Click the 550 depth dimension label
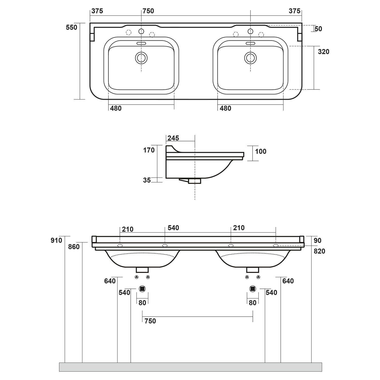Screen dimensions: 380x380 pos(71,27)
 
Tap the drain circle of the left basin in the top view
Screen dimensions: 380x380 pos(141,58)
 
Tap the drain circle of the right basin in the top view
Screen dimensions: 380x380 pos(250,58)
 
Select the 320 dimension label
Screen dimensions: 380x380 pos(324,52)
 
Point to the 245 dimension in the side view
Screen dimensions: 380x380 pos(173,138)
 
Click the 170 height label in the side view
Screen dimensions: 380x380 pos(149,150)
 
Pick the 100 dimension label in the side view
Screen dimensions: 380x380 pos(261,151)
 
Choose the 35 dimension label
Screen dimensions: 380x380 pos(147,180)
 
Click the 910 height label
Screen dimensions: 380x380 pos(56,240)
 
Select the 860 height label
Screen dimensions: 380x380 pos(74,246)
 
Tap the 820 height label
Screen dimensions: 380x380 pos(319,251)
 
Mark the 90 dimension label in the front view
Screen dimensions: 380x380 pos(317,241)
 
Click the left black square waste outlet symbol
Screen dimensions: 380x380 pos(142,289)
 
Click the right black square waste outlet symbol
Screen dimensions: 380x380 pos(253,289)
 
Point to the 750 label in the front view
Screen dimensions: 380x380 pos(150,321)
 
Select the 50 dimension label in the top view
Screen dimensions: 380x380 pos(318,29)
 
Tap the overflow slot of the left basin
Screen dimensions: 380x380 pos(141,43)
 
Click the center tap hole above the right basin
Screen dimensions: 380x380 pos(250,31)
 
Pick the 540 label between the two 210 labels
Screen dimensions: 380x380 pos(173,228)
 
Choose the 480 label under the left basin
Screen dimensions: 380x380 pos(116,108)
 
